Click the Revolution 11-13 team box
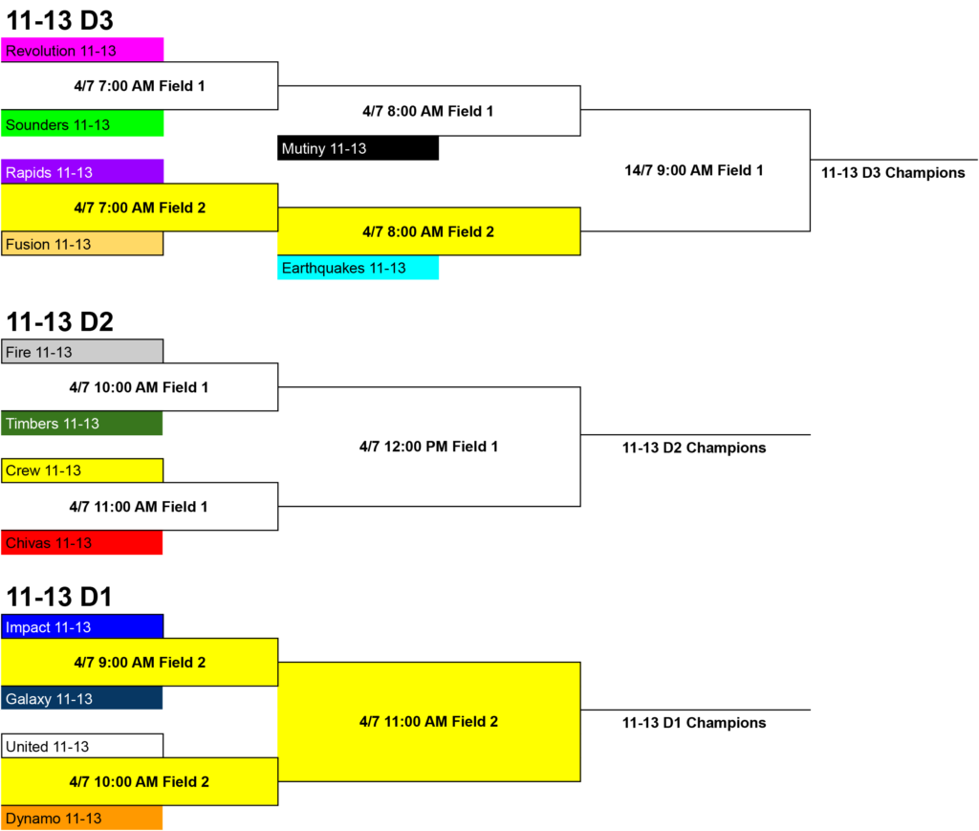pyautogui.click(x=82, y=50)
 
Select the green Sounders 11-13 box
pyautogui.click(x=82, y=123)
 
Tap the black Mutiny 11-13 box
pyautogui.click(x=358, y=148)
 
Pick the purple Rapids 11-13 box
pyautogui.click(x=82, y=172)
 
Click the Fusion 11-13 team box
pyautogui.click(x=82, y=244)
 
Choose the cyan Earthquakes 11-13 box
pyautogui.click(x=358, y=268)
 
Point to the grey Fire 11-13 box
pyautogui.click(x=82, y=352)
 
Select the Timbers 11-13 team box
pyautogui.click(x=82, y=424)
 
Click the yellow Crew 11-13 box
pyautogui.click(x=82, y=470)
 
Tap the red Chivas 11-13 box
pyautogui.click(x=82, y=542)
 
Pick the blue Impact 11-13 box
pyautogui.click(x=82, y=626)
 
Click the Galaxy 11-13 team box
pyautogui.click(x=82, y=698)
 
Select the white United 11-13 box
pyautogui.click(x=82, y=746)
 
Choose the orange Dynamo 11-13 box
pyautogui.click(x=82, y=818)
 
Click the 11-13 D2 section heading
pyautogui.click(x=60, y=321)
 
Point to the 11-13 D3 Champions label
pyautogui.click(x=893, y=173)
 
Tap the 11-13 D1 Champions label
pyautogui.click(x=694, y=723)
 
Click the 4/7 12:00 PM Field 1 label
pyautogui.click(x=428, y=447)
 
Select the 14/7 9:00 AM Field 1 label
pyautogui.click(x=694, y=170)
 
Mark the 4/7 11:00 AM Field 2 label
pyautogui.click(x=428, y=722)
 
